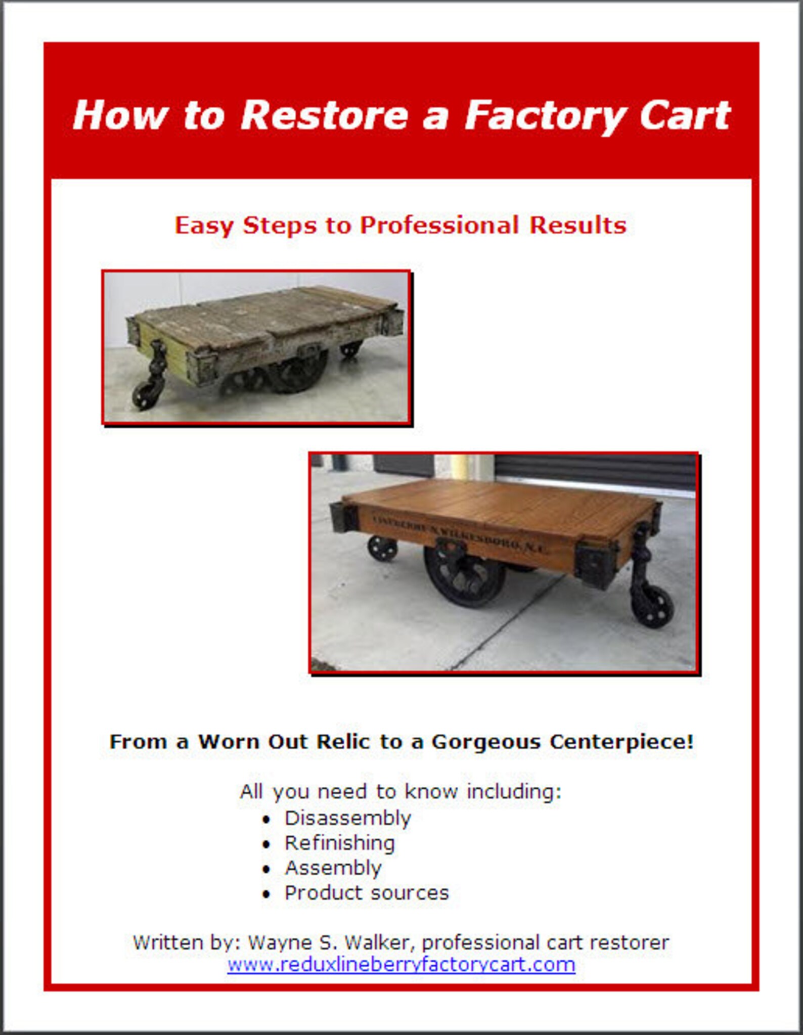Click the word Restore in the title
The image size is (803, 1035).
[324, 115]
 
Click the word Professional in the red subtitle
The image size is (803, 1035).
[439, 226]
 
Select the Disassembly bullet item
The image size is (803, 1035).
[347, 818]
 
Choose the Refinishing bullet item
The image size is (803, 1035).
[339, 843]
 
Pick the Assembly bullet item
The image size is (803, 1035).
[333, 868]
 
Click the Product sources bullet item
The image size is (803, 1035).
[366, 893]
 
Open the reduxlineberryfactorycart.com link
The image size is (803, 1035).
[401, 965]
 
